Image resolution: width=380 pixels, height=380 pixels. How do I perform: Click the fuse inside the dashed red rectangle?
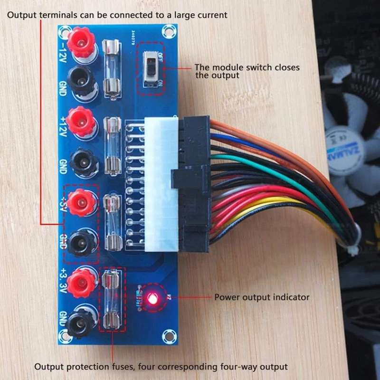click(113, 300)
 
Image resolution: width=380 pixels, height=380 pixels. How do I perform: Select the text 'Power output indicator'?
click(262, 297)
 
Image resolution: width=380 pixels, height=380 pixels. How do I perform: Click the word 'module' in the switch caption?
click(224, 67)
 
